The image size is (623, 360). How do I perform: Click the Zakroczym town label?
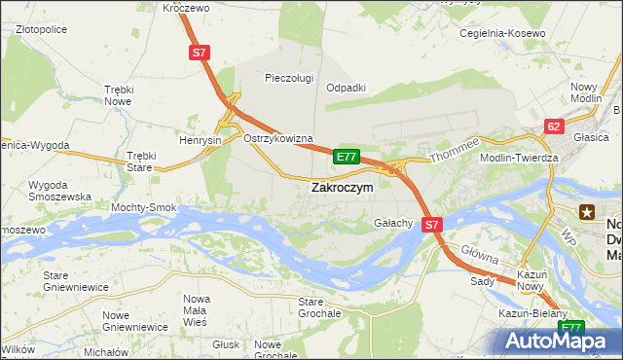341,187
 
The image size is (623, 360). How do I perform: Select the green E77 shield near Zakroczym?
347,156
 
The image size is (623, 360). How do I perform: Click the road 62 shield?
554,126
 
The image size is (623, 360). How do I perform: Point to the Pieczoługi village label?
289,77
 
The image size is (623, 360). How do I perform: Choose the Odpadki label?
346,87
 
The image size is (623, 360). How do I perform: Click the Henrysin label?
201,140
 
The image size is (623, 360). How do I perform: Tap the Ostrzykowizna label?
277,138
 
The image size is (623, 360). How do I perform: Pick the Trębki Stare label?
141,162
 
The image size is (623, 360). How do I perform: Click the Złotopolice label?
40,29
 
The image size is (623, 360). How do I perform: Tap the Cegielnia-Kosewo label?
502,33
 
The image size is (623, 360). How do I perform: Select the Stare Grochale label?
319,308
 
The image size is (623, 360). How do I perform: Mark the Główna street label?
480,256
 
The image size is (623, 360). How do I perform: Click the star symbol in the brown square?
587,211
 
